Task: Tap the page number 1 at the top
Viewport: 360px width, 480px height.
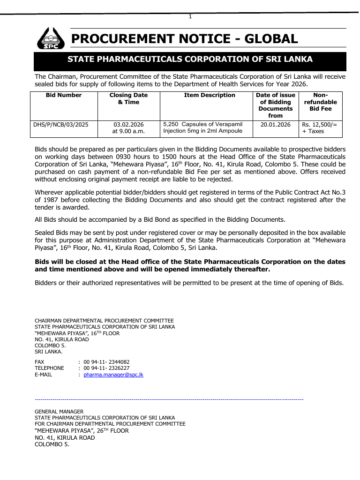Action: tap(190, 17)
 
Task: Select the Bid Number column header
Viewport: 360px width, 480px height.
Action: tap(64, 95)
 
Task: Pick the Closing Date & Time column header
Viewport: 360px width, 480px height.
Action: tap(128, 98)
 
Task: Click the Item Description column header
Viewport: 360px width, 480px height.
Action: tap(209, 95)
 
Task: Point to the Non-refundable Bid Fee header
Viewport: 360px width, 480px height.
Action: tap(320, 102)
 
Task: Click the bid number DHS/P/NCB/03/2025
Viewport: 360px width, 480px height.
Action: tap(61, 125)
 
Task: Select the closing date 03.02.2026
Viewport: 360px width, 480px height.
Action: tap(128, 125)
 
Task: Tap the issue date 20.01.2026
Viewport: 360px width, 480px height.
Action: tap(276, 125)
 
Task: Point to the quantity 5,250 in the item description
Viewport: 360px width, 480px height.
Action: tap(171, 124)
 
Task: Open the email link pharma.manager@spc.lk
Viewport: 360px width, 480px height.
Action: tap(113, 375)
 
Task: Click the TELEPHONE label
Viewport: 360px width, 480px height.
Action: tap(49, 368)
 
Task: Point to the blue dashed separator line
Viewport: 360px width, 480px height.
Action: tap(169, 399)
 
